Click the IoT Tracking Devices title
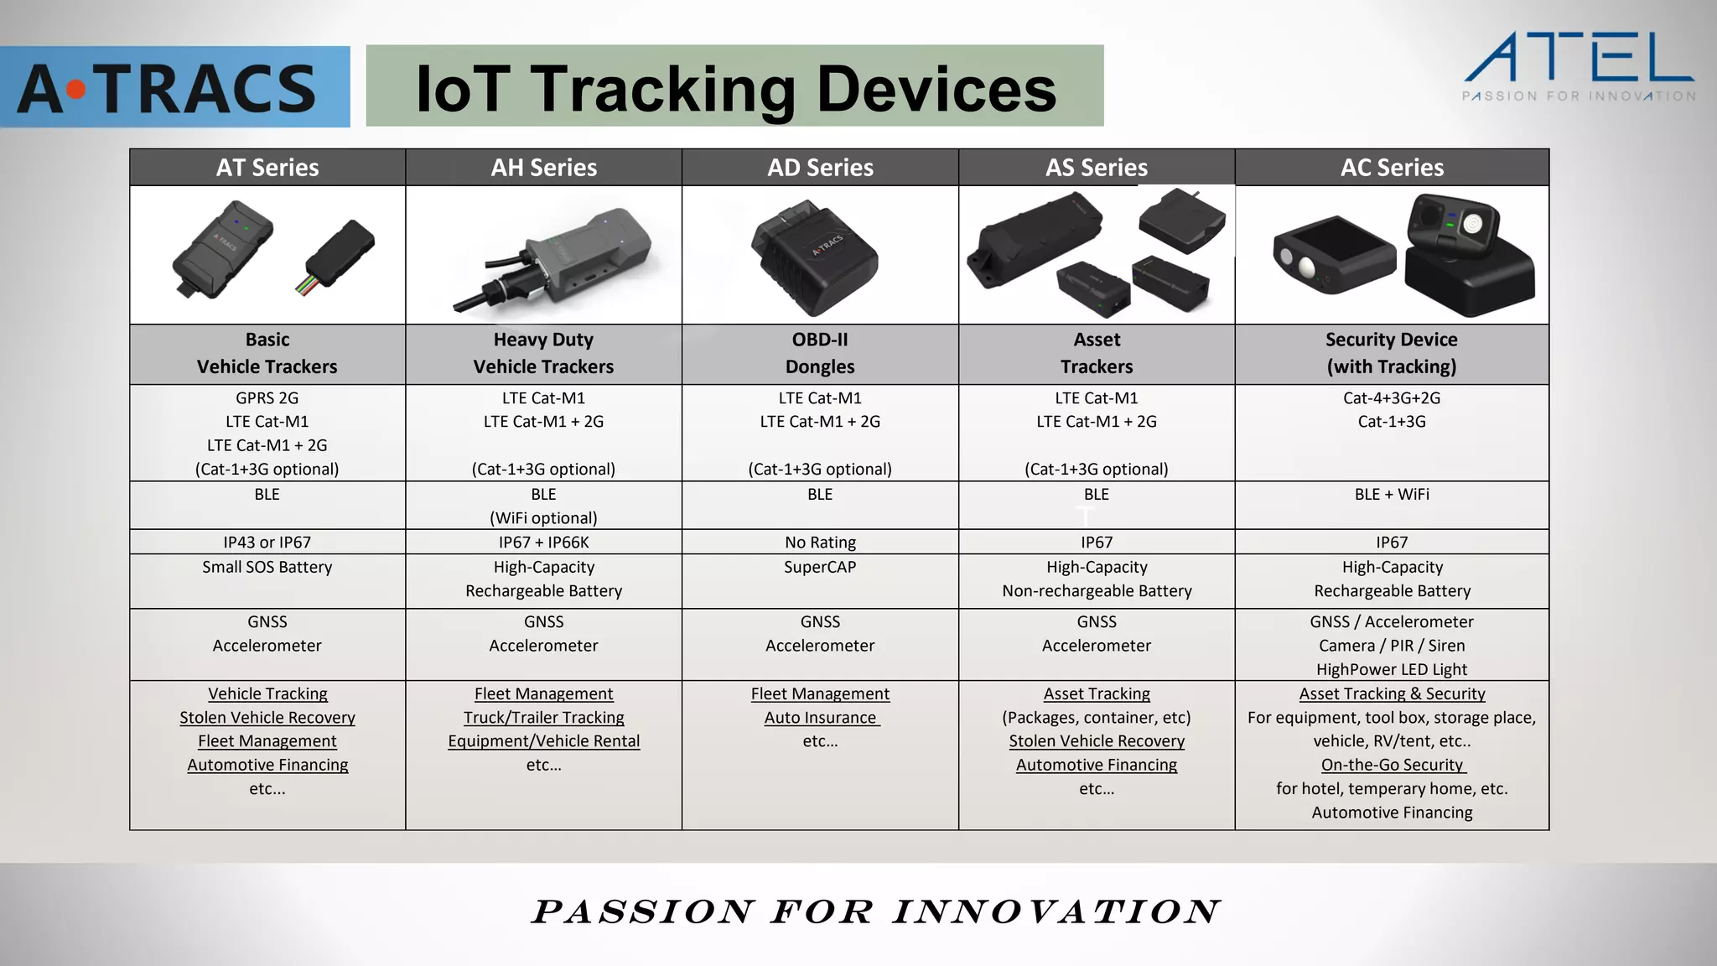(x=735, y=87)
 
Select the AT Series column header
(x=267, y=168)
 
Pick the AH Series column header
(x=544, y=168)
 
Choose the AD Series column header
(x=820, y=168)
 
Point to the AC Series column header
(x=1392, y=168)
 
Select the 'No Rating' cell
(x=820, y=543)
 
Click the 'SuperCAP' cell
(x=820, y=567)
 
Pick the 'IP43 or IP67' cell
(x=267, y=543)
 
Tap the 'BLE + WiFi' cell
(x=1392, y=495)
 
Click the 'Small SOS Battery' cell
(x=267, y=567)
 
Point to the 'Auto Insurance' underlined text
(x=820, y=718)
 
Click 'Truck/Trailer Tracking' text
(x=544, y=718)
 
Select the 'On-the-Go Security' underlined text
(x=1392, y=765)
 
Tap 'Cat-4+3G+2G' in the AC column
(x=1392, y=398)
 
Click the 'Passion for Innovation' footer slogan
(x=875, y=911)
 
